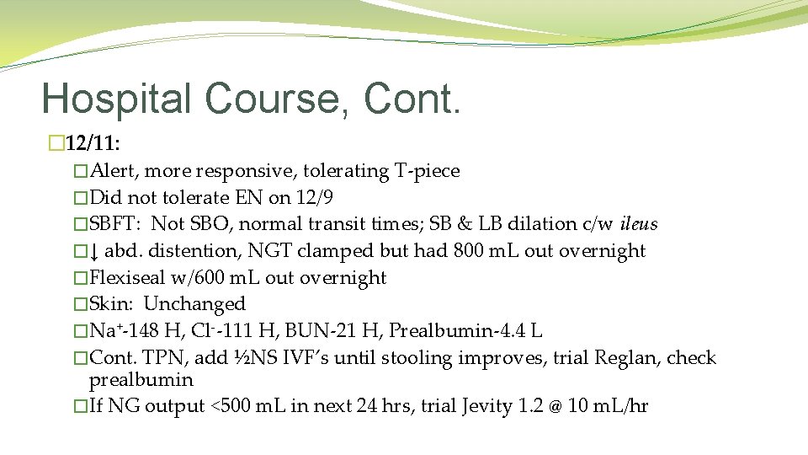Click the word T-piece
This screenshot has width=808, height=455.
tap(427, 171)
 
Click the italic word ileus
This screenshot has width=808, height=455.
tap(638, 224)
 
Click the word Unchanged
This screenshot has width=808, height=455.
tap(194, 304)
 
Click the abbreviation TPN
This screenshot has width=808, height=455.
tap(170, 358)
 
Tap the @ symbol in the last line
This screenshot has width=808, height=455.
tap(555, 407)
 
